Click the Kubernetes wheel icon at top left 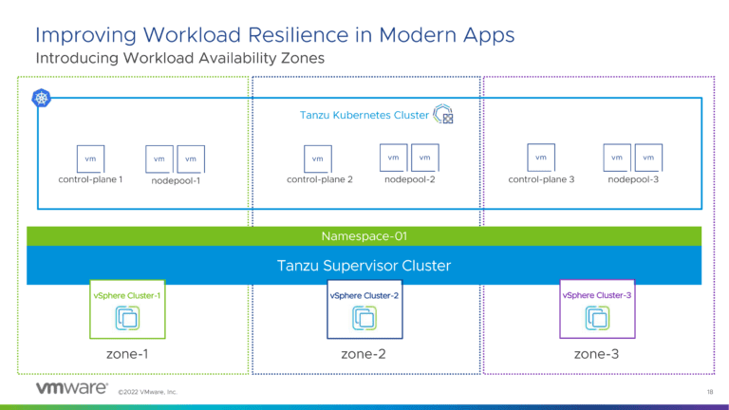(43, 98)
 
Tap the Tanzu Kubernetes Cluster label (364, 117)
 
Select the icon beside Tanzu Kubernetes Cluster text (443, 116)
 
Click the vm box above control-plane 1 (90, 158)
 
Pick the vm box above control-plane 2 (318, 158)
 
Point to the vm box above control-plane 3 (540, 158)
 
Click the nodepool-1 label (176, 180)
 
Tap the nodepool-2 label (409, 179)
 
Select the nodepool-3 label (633, 179)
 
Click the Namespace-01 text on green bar (364, 236)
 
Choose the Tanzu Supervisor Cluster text (364, 265)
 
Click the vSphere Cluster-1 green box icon (127, 319)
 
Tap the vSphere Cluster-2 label (364, 295)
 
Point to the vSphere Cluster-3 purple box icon (598, 319)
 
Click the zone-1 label (127, 354)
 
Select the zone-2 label (364, 354)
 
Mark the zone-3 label (597, 354)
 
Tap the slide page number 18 (710, 391)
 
